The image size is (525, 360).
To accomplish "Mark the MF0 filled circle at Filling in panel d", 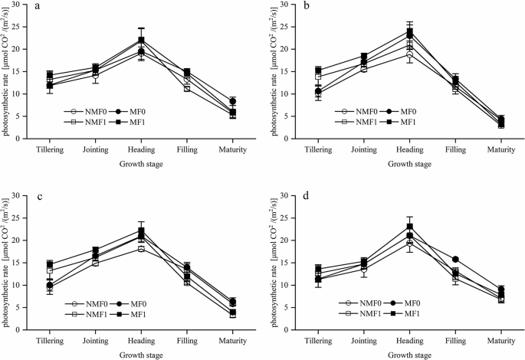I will [x=457, y=260].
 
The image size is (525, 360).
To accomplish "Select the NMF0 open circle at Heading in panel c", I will [x=140, y=249].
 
